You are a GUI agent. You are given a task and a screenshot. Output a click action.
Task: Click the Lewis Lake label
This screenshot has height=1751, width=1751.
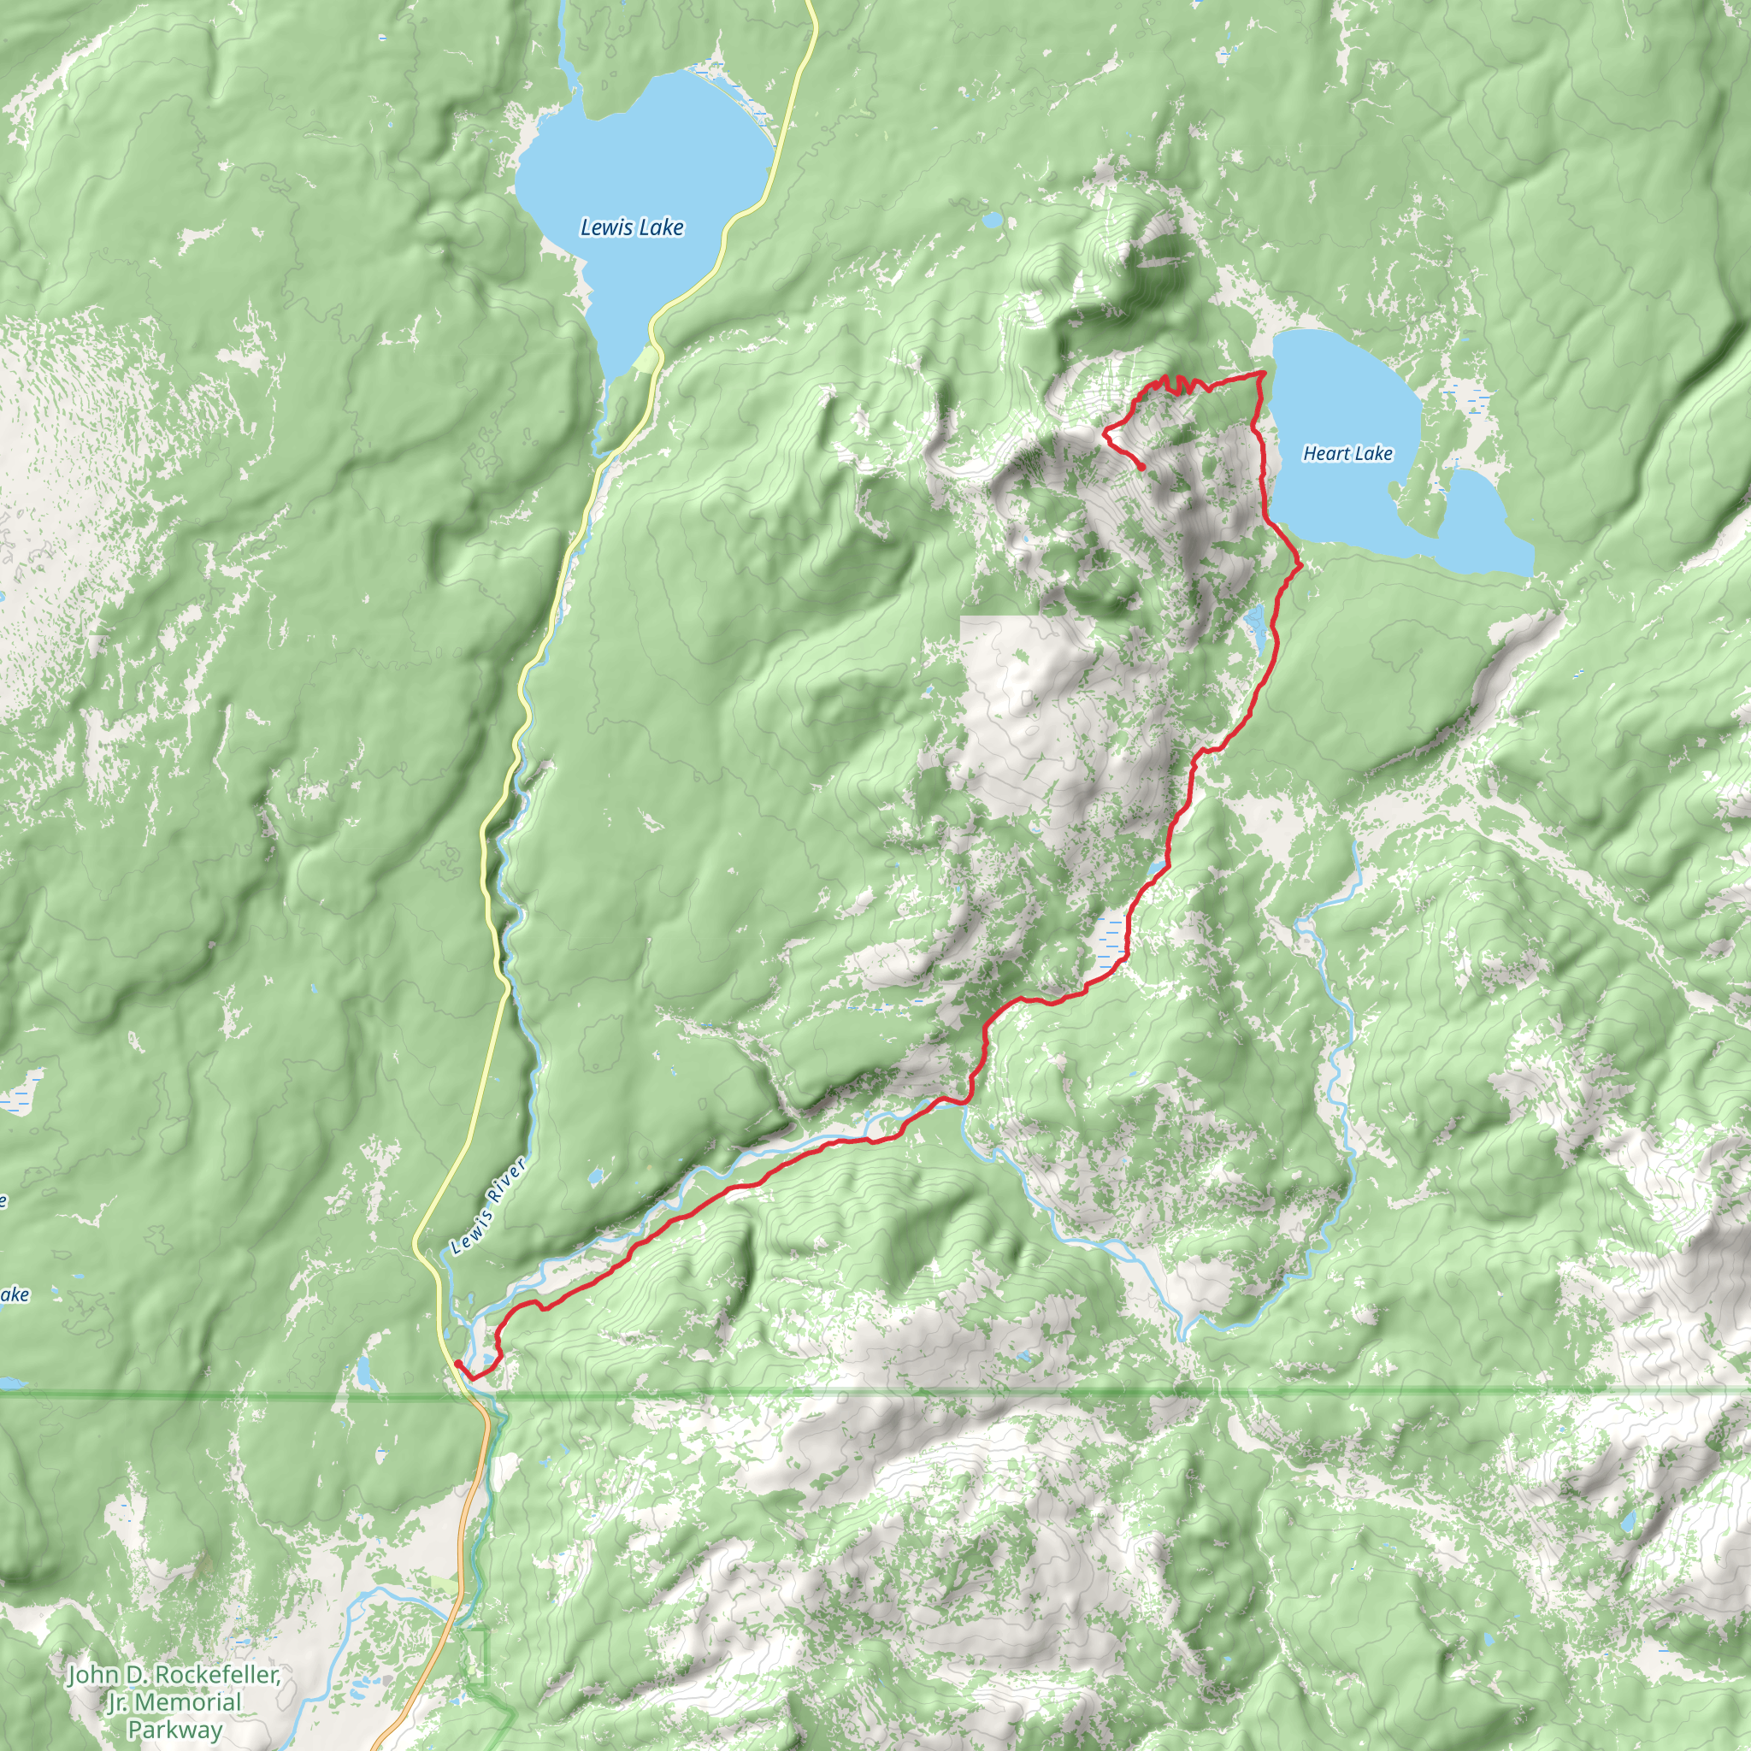[x=632, y=227]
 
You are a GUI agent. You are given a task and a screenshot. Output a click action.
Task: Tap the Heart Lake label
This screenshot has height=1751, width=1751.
[x=1347, y=453]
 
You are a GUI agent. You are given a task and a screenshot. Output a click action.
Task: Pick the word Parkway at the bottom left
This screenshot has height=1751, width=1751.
[x=174, y=1730]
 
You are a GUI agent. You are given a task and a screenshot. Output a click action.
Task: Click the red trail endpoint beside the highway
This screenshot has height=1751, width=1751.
[x=457, y=1363]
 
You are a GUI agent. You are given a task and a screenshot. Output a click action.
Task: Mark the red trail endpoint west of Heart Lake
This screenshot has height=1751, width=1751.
[x=1142, y=467]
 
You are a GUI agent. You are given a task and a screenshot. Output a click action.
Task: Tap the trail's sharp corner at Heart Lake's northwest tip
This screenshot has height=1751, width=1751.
[x=1263, y=374]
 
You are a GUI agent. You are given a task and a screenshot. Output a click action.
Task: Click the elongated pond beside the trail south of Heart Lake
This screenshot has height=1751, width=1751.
[x=1256, y=625]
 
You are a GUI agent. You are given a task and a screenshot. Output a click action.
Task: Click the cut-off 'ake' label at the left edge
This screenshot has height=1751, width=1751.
[x=13, y=1295]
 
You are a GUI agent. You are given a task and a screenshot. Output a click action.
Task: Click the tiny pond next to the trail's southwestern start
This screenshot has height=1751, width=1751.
[x=490, y=1358]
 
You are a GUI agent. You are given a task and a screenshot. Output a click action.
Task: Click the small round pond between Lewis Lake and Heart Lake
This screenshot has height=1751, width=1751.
[x=993, y=221]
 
